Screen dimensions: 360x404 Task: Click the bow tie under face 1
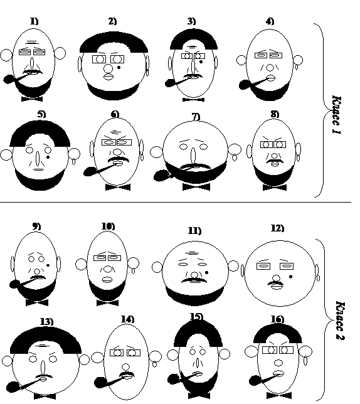click(x=32, y=99)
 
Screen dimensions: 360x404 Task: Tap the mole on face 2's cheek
click(x=119, y=68)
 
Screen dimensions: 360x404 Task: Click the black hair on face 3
click(x=194, y=39)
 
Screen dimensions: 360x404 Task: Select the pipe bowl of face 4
click(x=243, y=85)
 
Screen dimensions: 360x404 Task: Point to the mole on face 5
click(x=48, y=157)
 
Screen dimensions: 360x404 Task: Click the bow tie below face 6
click(x=118, y=188)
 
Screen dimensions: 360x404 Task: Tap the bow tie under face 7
click(x=196, y=187)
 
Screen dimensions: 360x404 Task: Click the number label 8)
click(x=275, y=114)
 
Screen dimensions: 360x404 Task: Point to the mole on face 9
click(x=48, y=265)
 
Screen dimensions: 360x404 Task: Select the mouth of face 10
click(x=107, y=280)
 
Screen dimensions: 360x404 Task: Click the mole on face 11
click(x=206, y=272)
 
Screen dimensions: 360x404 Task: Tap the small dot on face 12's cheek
click(x=291, y=277)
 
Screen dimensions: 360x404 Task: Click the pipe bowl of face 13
click(x=11, y=387)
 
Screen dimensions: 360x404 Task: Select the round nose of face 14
click(x=125, y=367)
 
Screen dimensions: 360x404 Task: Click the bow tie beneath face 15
click(x=199, y=395)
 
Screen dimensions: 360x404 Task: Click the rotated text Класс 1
click(x=337, y=115)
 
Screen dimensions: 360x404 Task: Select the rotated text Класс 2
click(x=341, y=321)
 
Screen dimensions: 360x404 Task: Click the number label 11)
click(x=194, y=231)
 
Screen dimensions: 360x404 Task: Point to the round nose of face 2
click(x=108, y=69)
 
